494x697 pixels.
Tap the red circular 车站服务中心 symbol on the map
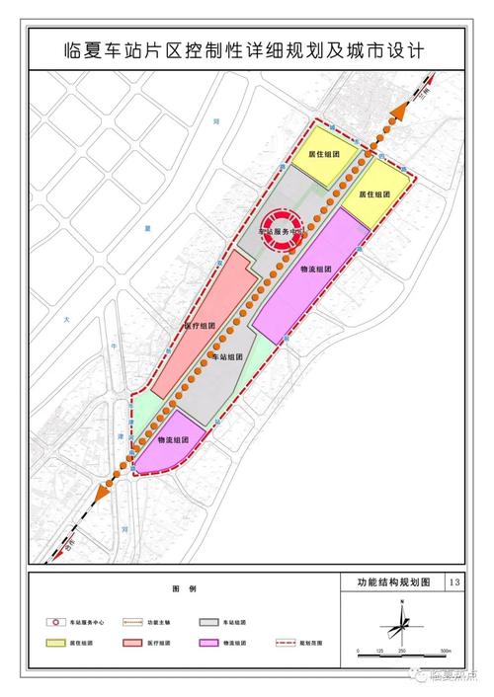283,226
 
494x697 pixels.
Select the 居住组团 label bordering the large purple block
371,194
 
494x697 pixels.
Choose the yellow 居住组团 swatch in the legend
56,643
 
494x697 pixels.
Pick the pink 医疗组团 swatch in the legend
133,643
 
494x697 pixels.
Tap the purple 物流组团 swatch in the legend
208,643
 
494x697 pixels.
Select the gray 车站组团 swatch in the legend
208,623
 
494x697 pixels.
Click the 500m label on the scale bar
445,654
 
